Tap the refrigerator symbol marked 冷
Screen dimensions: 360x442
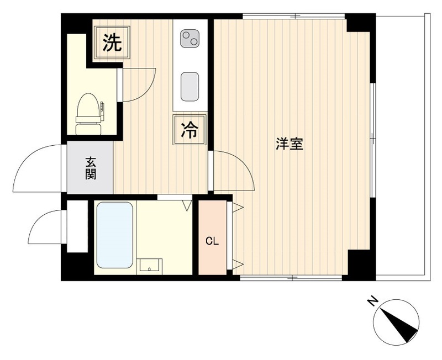[189, 130]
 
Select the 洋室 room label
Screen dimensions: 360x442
[289, 145]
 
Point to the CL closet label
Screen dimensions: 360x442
[212, 241]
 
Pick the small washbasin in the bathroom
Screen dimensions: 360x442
[150, 266]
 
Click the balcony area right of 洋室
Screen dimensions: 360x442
[400, 149]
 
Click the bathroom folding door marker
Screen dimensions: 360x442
[186, 205]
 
